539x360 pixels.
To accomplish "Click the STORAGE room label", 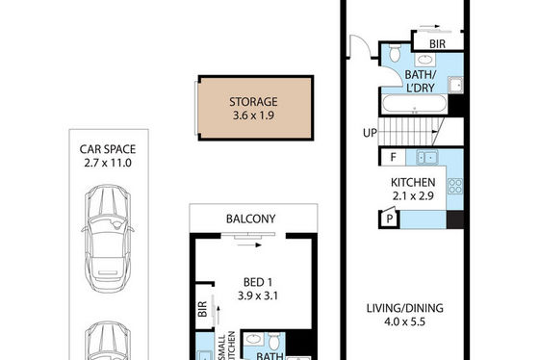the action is (253, 102).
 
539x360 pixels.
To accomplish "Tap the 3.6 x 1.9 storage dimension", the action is (253, 116).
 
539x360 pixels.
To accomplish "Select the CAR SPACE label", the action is (108, 149).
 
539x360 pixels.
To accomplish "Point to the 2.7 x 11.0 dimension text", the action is (108, 163).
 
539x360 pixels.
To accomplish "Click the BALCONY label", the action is (250, 219).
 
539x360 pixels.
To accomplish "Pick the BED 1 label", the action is (258, 282).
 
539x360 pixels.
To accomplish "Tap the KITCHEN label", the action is (413, 182).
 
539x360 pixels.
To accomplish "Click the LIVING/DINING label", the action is (405, 308).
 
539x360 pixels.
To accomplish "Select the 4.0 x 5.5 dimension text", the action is (405, 321).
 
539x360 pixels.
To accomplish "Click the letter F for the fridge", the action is (393, 157).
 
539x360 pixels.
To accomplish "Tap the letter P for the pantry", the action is (390, 219).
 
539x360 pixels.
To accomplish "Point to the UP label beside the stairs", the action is (370, 133).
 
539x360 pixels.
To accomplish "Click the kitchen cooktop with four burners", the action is (455, 186).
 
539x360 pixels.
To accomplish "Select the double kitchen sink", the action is (426, 158).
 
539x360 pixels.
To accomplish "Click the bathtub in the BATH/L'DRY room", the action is (415, 104).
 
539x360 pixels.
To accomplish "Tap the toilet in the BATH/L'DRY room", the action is (395, 53).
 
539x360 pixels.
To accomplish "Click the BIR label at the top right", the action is (437, 44).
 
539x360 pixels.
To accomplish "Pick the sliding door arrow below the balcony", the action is (249, 245).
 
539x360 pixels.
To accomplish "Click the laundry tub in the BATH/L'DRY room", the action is (455, 85).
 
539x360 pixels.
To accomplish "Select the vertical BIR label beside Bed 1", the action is (202, 309).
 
